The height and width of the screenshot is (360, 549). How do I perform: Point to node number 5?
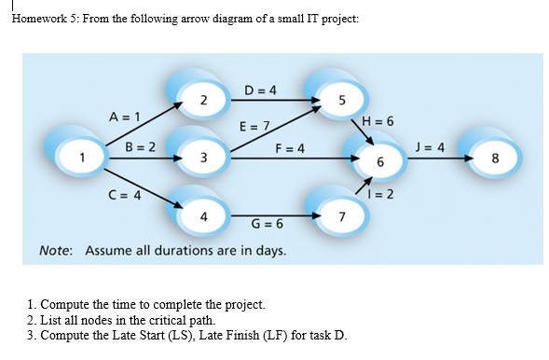pyautogui.click(x=342, y=100)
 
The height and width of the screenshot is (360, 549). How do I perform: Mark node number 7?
pyautogui.click(x=342, y=217)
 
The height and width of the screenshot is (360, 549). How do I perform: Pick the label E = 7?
pyautogui.click(x=254, y=125)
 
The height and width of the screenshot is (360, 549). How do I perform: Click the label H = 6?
pyautogui.click(x=377, y=122)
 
